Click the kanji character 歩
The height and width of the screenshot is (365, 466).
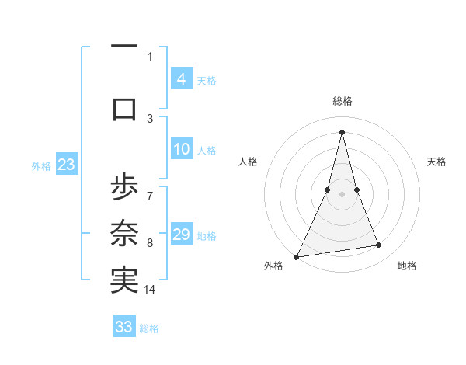(x=124, y=189)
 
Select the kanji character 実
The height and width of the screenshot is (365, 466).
(x=124, y=280)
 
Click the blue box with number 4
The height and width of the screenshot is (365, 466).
(x=181, y=79)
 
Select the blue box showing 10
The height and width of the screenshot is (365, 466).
(x=181, y=150)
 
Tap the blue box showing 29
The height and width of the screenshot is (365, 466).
(x=181, y=235)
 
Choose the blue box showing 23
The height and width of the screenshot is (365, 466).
(x=66, y=165)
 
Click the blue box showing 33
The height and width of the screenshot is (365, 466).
(x=124, y=327)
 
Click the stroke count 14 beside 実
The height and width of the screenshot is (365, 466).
(x=150, y=290)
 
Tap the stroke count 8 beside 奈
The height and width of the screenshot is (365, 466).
(x=150, y=243)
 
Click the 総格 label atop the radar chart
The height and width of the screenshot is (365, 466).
(x=343, y=101)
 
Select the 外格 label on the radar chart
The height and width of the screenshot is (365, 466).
(x=273, y=266)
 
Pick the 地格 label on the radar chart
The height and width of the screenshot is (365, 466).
(x=407, y=266)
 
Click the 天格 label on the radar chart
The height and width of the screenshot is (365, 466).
(x=436, y=162)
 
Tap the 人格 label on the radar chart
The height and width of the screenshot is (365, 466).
(x=249, y=162)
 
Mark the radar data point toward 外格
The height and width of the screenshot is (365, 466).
(x=297, y=256)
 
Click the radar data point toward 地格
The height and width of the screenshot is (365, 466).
(x=379, y=245)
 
